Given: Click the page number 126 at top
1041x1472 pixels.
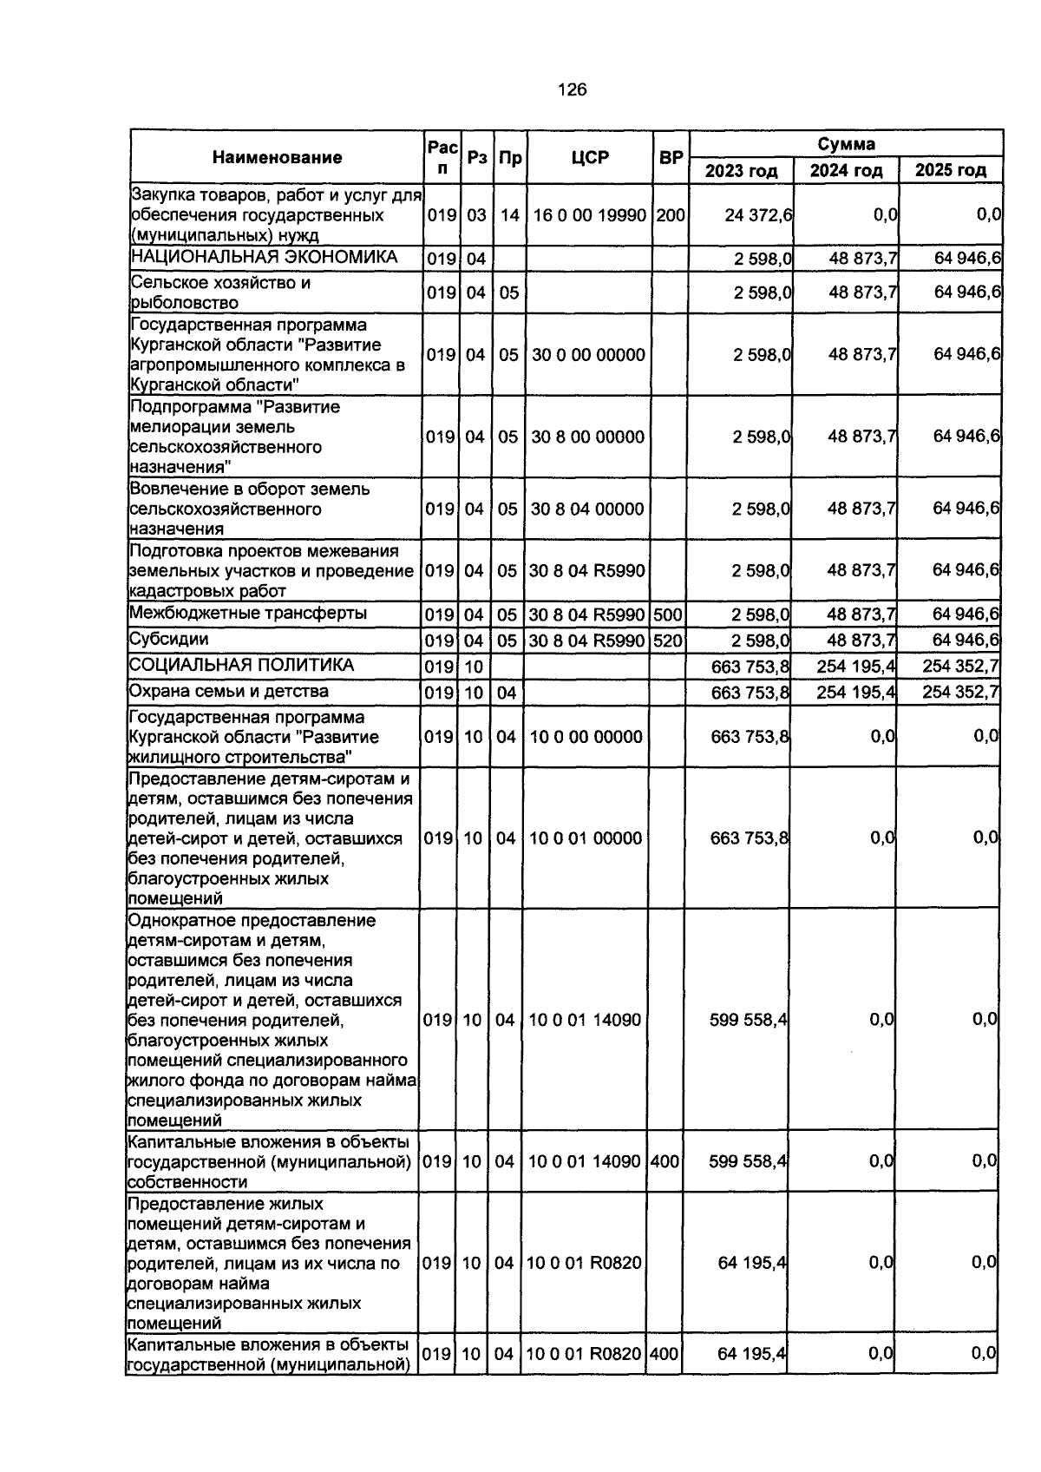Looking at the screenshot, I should point(573,89).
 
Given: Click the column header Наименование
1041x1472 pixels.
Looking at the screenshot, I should point(277,157).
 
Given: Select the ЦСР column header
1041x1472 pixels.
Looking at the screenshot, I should point(590,157).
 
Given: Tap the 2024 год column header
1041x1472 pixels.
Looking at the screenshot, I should point(846,170).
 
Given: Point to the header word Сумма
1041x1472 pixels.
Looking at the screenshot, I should point(846,144).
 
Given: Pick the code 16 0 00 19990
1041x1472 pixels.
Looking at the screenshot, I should point(590,214).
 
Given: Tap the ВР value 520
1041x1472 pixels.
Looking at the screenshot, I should point(667,641).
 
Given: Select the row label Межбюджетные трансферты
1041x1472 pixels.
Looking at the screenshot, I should point(247,614).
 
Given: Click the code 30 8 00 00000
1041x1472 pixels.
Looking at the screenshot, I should point(588,437).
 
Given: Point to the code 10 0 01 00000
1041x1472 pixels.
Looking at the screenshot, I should point(586,838).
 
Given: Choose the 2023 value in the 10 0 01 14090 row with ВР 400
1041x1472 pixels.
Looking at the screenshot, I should point(748,1161).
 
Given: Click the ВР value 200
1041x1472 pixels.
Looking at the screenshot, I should point(670,214).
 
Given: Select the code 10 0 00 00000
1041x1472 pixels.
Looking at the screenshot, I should point(586,737).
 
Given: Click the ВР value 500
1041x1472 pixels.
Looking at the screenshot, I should point(667,614).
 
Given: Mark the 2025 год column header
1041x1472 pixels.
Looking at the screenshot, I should point(951,170).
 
